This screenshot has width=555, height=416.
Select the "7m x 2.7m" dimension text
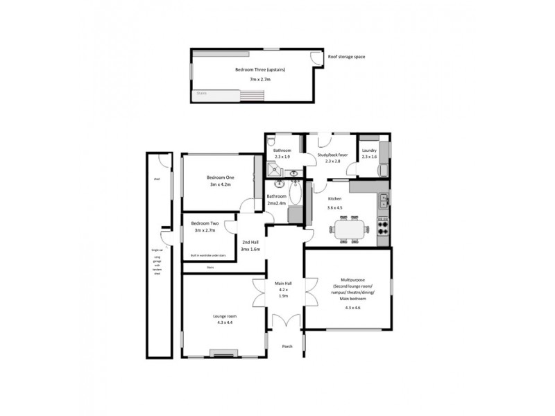point(256,80)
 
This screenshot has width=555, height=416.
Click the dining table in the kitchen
point(346,229)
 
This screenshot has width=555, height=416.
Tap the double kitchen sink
point(384,202)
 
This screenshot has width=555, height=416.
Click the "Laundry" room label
point(369,150)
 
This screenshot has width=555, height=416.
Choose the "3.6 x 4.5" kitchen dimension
point(335,208)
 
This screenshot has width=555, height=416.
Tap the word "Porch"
point(286,346)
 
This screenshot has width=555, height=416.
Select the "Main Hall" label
point(283,283)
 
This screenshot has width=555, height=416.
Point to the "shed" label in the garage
point(157,178)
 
